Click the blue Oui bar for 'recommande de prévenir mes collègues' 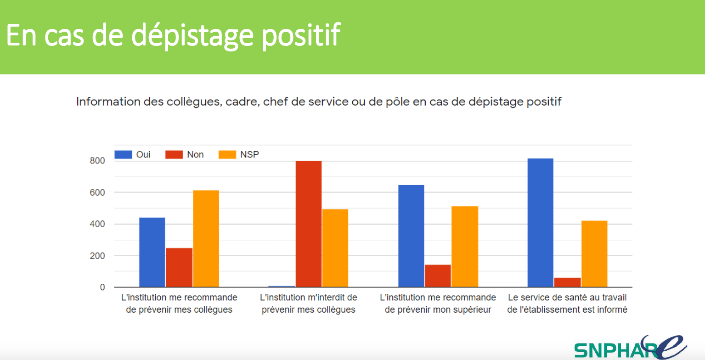[152, 252]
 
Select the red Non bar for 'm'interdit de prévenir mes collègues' [309, 224]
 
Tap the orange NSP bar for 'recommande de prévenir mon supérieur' [465, 247]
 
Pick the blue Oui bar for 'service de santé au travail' [541, 223]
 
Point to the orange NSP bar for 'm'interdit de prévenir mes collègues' [335, 248]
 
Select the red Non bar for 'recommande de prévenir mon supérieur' [438, 276]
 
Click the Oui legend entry [133, 155]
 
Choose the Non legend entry [186, 155]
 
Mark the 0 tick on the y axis [102, 287]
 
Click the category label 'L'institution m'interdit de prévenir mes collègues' [309, 304]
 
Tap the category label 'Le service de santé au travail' [567, 304]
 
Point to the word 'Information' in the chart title [102, 101]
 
